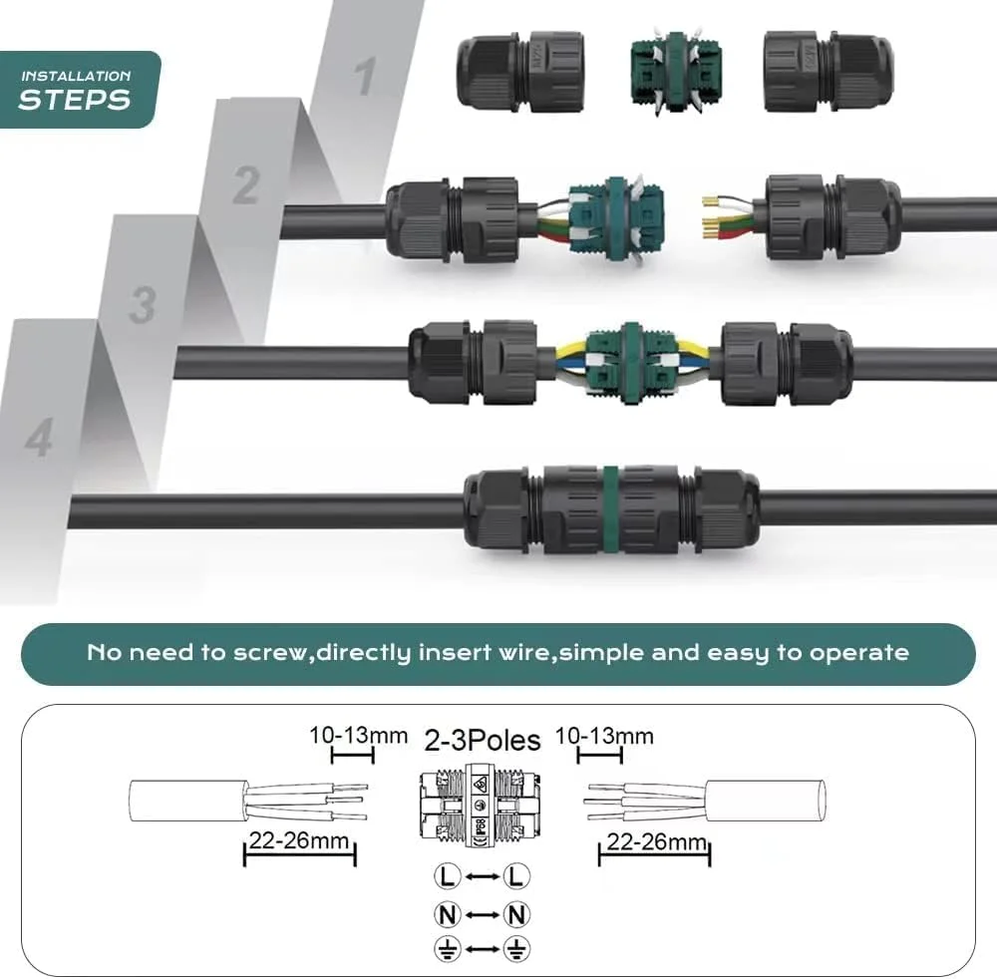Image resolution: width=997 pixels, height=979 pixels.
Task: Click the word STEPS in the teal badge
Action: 75,100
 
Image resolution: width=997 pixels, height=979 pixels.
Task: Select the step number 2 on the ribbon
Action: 246,185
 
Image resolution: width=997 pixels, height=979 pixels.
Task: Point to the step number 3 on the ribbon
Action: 143,305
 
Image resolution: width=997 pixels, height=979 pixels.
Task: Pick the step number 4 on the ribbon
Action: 39,438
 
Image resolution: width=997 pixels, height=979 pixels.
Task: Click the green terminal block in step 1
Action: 676,72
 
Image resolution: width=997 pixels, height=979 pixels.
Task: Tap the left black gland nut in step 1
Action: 520,71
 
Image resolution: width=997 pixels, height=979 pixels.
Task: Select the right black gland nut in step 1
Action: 829,71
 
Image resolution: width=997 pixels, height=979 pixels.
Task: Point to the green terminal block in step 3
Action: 630,363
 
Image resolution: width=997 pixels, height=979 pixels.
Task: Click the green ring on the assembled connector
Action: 610,509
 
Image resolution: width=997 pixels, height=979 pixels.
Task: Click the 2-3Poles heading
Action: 482,740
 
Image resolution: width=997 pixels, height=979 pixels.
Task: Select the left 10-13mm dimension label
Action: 358,736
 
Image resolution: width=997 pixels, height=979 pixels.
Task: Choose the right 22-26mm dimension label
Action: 656,841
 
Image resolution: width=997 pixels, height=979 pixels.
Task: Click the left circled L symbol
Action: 447,876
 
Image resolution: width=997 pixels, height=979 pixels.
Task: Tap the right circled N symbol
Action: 516,915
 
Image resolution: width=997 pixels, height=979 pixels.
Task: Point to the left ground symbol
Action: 447,949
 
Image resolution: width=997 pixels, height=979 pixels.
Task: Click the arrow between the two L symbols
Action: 482,876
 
